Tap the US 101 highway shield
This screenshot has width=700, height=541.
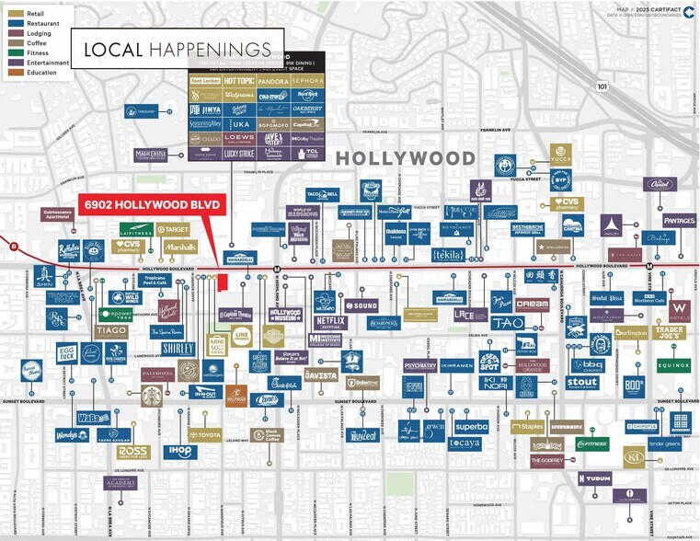point(602,87)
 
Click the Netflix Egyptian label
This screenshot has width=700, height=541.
point(329,322)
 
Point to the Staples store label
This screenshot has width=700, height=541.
point(528,427)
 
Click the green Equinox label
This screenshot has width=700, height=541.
point(673,365)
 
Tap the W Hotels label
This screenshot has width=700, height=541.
point(680,307)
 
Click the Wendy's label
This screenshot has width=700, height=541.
point(71,435)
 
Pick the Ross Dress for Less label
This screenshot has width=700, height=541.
point(132,452)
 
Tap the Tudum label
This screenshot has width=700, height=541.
point(594,478)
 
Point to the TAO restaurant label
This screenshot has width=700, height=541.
point(506,323)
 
